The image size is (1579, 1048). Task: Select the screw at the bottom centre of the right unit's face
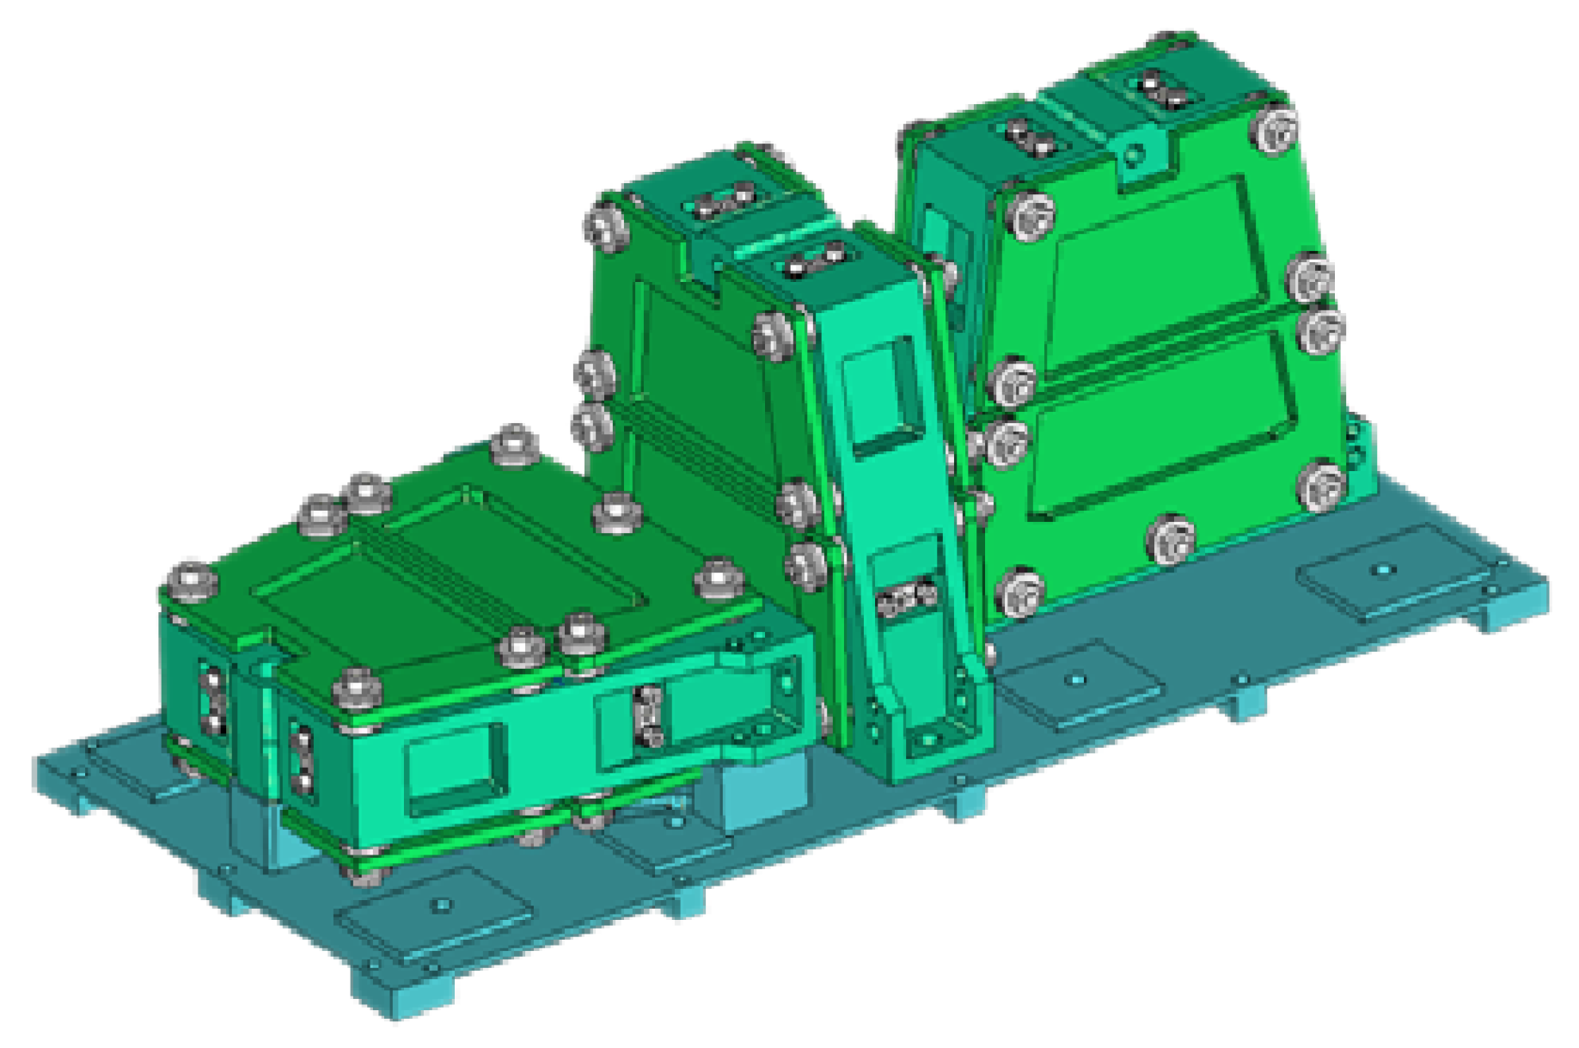point(1170,540)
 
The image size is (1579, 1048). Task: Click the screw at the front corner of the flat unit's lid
point(357,688)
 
